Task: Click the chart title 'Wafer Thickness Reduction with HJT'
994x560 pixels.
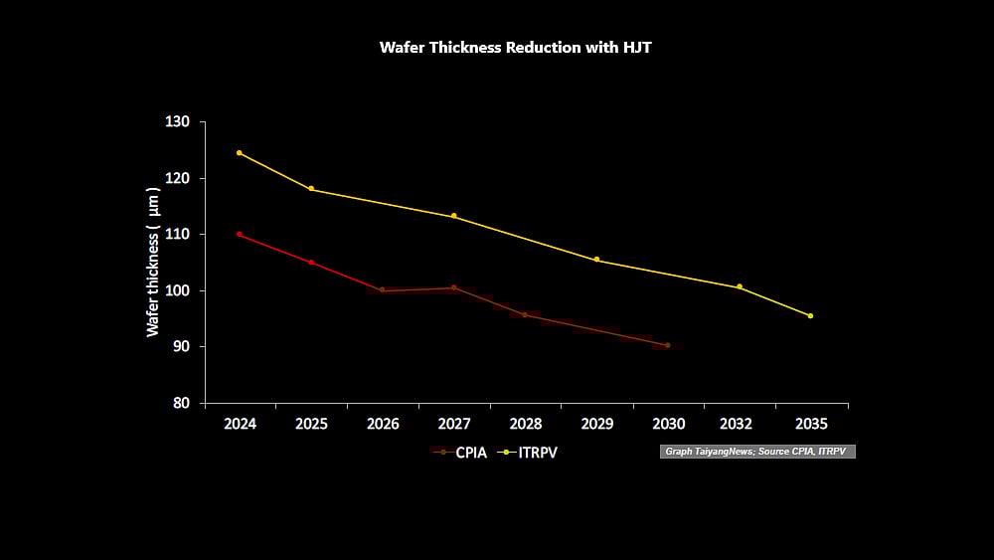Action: (x=515, y=48)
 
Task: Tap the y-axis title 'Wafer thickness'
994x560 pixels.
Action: (x=153, y=261)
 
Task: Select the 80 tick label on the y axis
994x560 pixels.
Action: (x=182, y=403)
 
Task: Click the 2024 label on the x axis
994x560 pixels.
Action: (x=240, y=424)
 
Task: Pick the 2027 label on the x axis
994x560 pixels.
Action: (x=454, y=424)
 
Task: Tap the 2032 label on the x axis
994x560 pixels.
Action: (x=740, y=424)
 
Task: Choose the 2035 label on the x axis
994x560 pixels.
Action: (x=811, y=424)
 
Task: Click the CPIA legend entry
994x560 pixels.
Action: (x=461, y=453)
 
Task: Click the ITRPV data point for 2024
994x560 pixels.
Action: (x=240, y=153)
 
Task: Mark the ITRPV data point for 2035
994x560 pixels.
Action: (x=811, y=316)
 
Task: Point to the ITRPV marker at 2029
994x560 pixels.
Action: (x=596, y=260)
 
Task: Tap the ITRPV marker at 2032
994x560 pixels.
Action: (x=740, y=287)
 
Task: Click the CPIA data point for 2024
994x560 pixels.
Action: (x=240, y=234)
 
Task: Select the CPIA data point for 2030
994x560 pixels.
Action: (x=667, y=345)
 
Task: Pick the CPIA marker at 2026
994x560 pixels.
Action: (x=382, y=289)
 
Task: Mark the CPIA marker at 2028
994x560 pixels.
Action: (x=525, y=315)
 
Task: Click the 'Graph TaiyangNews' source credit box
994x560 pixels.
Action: (x=756, y=452)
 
